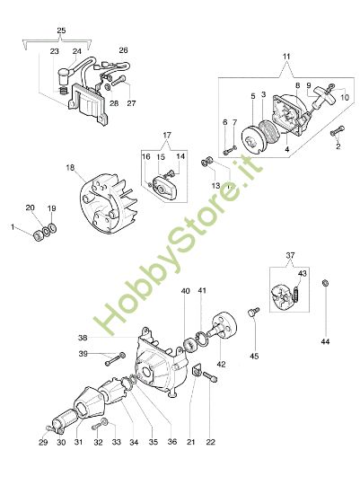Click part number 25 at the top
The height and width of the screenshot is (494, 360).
[61, 31]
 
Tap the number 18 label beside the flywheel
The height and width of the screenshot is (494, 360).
[69, 168]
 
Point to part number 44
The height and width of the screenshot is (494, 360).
[327, 341]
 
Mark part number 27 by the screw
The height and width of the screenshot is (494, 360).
[131, 101]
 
